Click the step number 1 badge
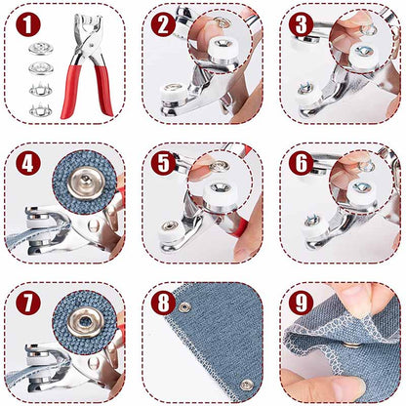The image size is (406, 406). pyautogui.click(x=28, y=23)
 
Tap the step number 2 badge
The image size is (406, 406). pyautogui.click(x=163, y=23)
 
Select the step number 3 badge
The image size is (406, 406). pyautogui.click(x=302, y=23)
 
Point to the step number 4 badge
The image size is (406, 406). pyautogui.click(x=28, y=163)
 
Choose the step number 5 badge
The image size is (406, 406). pyautogui.click(x=163, y=163)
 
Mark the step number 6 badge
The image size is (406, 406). pyautogui.click(x=302, y=163)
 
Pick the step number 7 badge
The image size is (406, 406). pyautogui.click(x=28, y=303)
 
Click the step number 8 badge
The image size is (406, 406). pyautogui.click(x=163, y=303)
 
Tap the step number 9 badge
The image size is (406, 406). pyautogui.click(x=302, y=303)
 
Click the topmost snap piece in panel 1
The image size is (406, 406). pyautogui.click(x=41, y=49)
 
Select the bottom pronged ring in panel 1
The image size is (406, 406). pyautogui.click(x=41, y=110)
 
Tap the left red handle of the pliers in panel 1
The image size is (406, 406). pyautogui.click(x=71, y=92)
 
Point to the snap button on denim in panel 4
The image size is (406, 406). pyautogui.click(x=86, y=183)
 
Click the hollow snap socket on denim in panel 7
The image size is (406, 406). pyautogui.click(x=86, y=322)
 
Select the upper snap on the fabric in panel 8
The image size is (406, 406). pyautogui.click(x=185, y=306)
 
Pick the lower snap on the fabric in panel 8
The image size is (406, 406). pyautogui.click(x=247, y=385)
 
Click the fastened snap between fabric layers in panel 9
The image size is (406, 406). pyautogui.click(x=352, y=345)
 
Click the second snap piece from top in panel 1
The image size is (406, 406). pyautogui.click(x=41, y=68)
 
